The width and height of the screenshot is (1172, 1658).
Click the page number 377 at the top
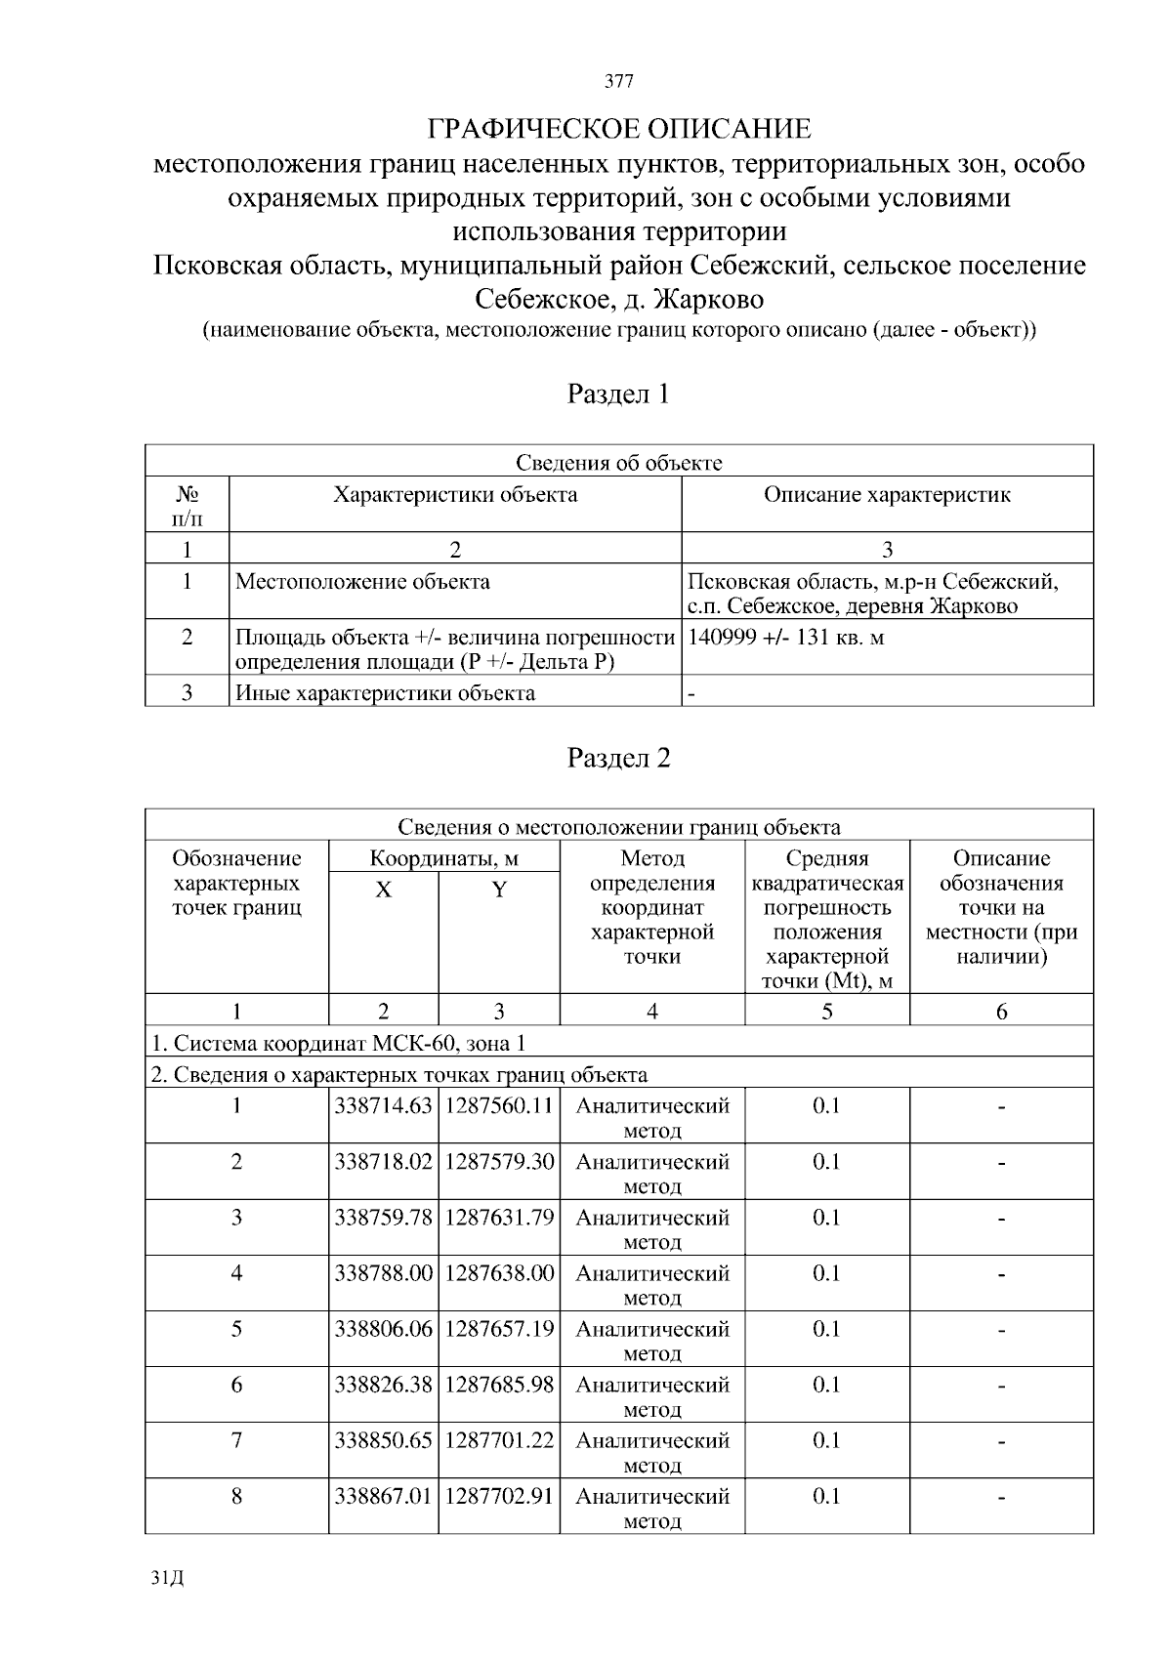pyautogui.click(x=619, y=82)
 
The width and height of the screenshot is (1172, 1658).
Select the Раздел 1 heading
pyautogui.click(x=619, y=394)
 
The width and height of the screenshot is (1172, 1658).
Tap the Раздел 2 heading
pyautogui.click(x=619, y=759)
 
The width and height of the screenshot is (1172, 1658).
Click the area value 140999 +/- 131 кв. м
pyautogui.click(x=786, y=638)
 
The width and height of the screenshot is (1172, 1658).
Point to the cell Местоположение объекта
pyautogui.click(x=363, y=583)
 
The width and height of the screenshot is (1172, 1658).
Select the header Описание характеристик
pyautogui.click(x=887, y=495)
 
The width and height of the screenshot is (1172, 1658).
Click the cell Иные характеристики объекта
pyautogui.click(x=385, y=693)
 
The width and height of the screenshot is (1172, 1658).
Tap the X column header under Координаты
pyautogui.click(x=384, y=891)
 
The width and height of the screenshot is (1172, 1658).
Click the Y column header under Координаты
pyautogui.click(x=499, y=891)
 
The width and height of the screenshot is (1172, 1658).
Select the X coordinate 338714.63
pyautogui.click(x=383, y=1106)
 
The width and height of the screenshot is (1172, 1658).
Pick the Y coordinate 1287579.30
pyautogui.click(x=499, y=1162)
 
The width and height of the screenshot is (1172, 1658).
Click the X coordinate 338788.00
pyautogui.click(x=383, y=1273)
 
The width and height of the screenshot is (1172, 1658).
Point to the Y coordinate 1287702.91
pyautogui.click(x=499, y=1496)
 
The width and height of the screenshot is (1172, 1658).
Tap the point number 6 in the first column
pyautogui.click(x=236, y=1385)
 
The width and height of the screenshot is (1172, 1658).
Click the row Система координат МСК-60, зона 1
pyautogui.click(x=338, y=1044)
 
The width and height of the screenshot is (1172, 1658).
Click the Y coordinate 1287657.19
pyautogui.click(x=499, y=1329)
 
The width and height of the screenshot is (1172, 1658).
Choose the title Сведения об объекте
pyautogui.click(x=619, y=463)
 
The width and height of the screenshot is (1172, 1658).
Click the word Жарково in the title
pyautogui.click(x=709, y=298)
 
